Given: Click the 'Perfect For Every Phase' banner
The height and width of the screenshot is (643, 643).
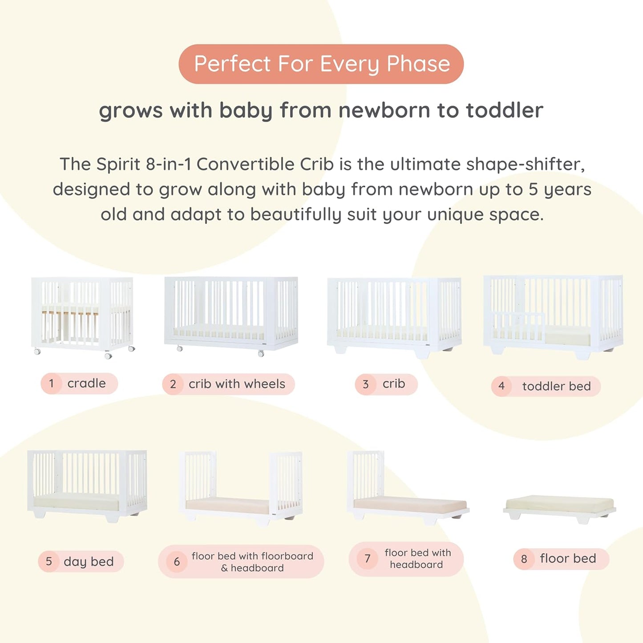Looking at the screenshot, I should [x=321, y=64].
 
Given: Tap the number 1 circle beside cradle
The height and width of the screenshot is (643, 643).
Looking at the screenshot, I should [x=52, y=384].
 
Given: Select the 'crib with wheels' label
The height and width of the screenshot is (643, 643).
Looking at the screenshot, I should [x=237, y=384].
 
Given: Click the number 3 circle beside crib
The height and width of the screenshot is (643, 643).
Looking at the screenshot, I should [x=366, y=384].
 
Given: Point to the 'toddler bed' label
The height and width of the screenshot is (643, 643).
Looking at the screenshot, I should [x=556, y=386].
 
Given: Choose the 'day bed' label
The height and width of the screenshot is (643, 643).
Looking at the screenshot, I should [x=89, y=562].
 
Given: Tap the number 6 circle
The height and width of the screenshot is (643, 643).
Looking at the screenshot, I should [x=177, y=562].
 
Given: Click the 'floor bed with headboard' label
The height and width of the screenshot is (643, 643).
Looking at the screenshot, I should [x=417, y=559].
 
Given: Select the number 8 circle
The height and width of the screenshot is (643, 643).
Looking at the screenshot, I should [x=524, y=559].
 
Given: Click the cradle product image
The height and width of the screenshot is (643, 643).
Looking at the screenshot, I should [x=83, y=316].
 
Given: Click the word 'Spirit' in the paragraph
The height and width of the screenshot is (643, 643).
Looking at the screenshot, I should [x=118, y=164].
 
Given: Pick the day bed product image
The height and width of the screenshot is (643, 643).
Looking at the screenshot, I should [x=87, y=485].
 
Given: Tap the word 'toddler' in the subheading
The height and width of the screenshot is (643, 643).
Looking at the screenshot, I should [x=505, y=110].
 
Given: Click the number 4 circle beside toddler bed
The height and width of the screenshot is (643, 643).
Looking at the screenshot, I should [x=502, y=386].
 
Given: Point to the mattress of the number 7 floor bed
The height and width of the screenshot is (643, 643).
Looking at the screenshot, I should [x=409, y=503].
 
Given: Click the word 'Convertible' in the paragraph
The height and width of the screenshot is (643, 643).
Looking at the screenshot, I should [x=265, y=164].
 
